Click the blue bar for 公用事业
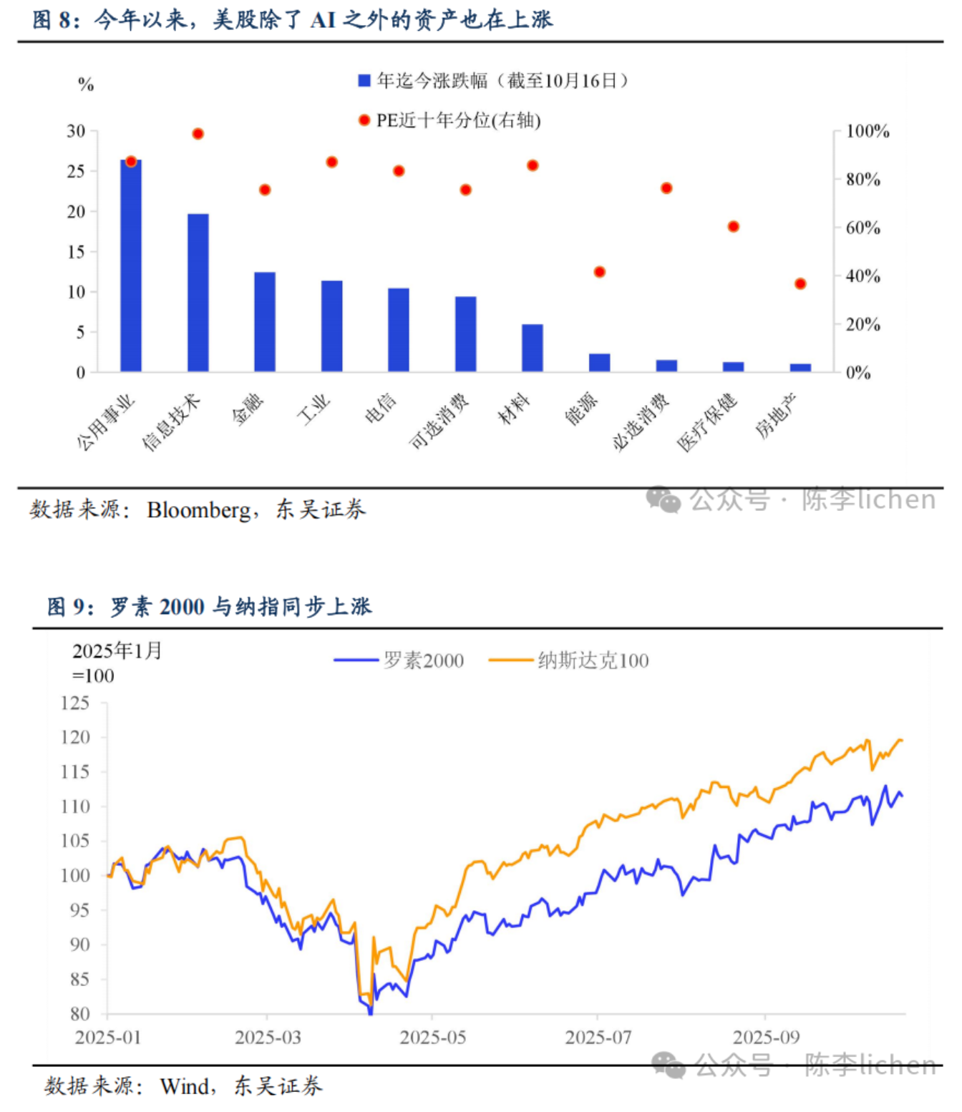coord(131,266)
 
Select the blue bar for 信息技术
coord(198,293)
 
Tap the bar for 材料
coord(533,348)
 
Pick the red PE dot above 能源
coord(600,272)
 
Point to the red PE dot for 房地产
coord(800,284)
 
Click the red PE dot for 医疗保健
coord(734,227)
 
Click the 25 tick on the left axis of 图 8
coord(76,172)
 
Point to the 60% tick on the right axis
coord(863,228)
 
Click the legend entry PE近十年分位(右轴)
coord(451,120)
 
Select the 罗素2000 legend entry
coord(399,660)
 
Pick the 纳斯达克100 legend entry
coord(569,660)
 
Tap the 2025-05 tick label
coord(432,1038)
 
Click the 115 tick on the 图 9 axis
coord(75,772)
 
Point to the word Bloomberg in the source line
coord(198,510)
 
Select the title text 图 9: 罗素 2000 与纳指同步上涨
coord(210,607)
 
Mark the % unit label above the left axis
coord(86,85)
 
